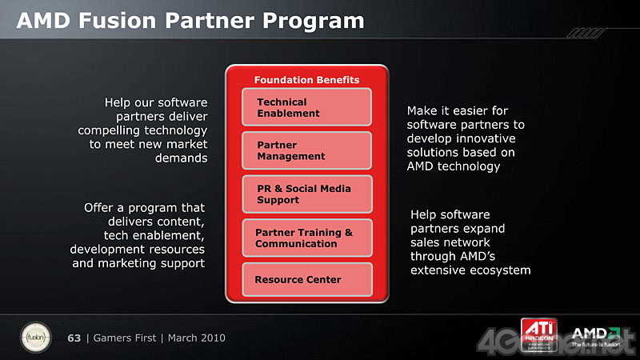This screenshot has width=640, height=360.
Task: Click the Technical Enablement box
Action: point(306,107)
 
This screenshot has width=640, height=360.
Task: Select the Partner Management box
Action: point(306,150)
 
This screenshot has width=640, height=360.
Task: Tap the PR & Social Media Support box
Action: point(307,194)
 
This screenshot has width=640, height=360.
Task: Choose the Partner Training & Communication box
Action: point(307,238)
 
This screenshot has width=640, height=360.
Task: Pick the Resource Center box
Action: point(307,279)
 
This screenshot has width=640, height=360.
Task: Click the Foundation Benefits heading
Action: point(307,80)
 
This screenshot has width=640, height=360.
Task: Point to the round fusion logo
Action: point(36,338)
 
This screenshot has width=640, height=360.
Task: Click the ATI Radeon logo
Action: point(538,334)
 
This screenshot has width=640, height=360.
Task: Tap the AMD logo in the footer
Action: point(596,337)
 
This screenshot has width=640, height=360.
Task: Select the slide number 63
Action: point(74,338)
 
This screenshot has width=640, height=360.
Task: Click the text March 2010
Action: point(196,338)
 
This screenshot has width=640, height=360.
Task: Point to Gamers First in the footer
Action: point(125,338)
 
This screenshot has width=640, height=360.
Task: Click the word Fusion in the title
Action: point(117,21)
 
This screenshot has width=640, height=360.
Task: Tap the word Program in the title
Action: point(314,22)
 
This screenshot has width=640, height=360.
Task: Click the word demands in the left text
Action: point(182,158)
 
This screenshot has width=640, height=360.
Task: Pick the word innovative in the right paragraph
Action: point(486,138)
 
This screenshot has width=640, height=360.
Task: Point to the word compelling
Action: point(109,130)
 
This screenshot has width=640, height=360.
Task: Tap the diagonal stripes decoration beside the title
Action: point(586,33)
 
